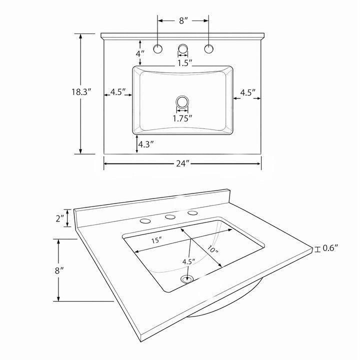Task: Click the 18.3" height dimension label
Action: [x=81, y=92]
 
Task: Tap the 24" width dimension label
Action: [x=183, y=163]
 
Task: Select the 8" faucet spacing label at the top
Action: [x=183, y=20]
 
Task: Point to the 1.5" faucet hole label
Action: [x=185, y=63]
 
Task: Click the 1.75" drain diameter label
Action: [x=182, y=118]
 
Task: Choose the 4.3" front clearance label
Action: [x=146, y=144]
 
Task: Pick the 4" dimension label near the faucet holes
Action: [x=140, y=53]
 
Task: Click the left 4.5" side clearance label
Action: [x=118, y=92]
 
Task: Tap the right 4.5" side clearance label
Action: [x=247, y=93]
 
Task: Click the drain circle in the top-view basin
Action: [x=182, y=101]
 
